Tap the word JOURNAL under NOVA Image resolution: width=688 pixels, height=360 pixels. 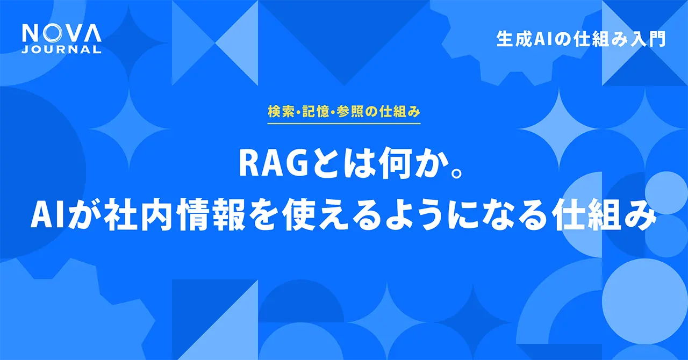[62, 50]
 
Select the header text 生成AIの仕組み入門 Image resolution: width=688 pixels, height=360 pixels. [581, 39]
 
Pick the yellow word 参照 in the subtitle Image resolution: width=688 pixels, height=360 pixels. [354, 112]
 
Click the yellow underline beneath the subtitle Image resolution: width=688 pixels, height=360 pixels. [343, 124]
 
